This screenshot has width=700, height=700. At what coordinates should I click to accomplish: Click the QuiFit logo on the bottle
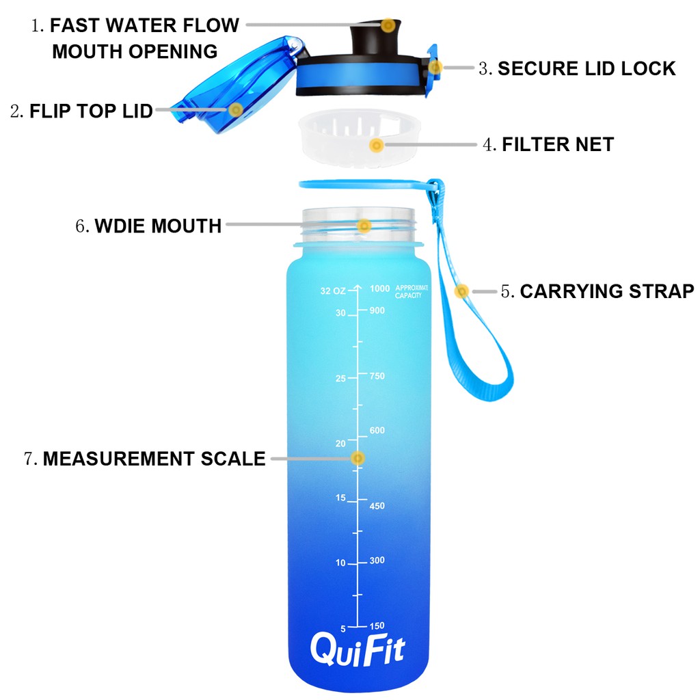point(358,649)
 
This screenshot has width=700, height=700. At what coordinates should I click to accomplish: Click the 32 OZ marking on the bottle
point(333,291)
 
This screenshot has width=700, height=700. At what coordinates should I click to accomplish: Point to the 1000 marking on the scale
point(379,288)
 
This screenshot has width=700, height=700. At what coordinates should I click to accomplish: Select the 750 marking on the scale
point(377,376)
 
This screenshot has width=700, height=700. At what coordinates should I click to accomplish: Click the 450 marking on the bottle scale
point(377,506)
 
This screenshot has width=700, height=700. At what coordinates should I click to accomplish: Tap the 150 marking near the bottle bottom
point(377,626)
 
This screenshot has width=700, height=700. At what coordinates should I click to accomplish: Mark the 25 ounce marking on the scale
point(340,379)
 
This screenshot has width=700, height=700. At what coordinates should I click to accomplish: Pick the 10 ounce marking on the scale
point(340,563)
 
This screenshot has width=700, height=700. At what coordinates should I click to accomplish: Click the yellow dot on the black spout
point(388,25)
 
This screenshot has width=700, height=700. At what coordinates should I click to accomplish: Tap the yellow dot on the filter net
point(377,145)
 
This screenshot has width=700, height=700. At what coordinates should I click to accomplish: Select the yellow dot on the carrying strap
point(461,291)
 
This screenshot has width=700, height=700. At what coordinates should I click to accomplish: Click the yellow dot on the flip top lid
point(236,110)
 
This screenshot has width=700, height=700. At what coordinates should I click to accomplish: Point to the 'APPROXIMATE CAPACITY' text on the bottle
point(412,291)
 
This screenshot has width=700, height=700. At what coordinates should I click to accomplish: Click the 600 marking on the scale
point(377,431)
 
